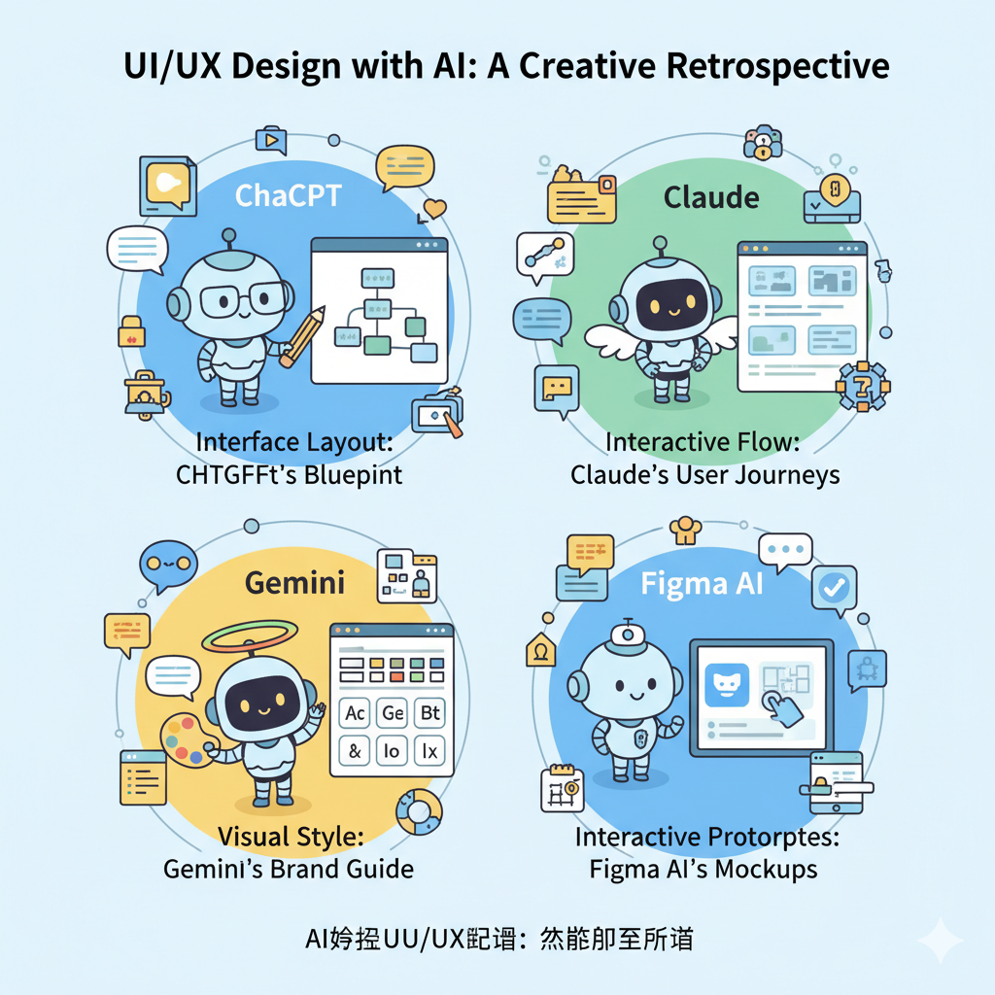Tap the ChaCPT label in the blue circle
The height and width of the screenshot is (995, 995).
coord(289,195)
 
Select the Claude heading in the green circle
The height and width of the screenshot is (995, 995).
coord(711,197)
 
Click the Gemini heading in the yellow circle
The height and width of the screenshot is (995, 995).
coord(294,583)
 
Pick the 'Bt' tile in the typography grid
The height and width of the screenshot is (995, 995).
coord(428,713)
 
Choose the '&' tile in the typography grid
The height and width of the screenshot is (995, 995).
coord(354,750)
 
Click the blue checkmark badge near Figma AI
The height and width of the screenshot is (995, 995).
coord(835,586)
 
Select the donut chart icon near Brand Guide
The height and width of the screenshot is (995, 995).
coord(419,812)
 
